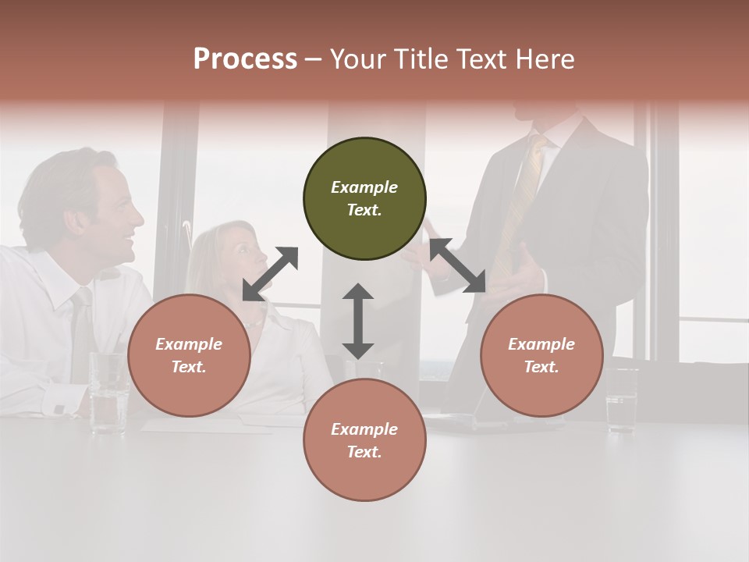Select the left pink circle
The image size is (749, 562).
coord(189,355)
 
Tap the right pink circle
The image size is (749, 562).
coord(541,355)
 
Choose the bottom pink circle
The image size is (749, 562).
coord(364,440)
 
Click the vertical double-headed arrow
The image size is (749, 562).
coord(358,321)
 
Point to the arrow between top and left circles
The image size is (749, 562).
coord(271,274)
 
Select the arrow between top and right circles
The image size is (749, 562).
coord(457,266)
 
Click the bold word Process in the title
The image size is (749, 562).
coord(245,59)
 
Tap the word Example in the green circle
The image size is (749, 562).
coord(364,187)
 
